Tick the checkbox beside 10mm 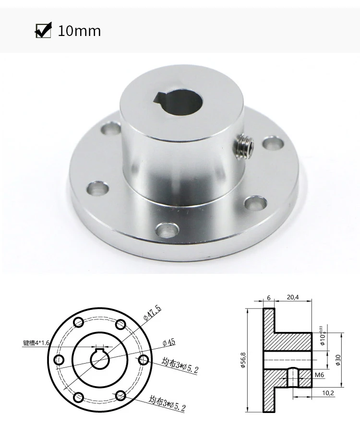(44, 31)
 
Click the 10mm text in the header (79, 31)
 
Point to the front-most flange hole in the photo (167, 230)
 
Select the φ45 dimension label (169, 342)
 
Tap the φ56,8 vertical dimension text (243, 360)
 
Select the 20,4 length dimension (292, 297)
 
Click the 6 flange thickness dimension (269, 297)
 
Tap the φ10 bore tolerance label (323, 338)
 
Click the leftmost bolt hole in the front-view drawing (60, 360)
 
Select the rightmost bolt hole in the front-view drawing (142, 359)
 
